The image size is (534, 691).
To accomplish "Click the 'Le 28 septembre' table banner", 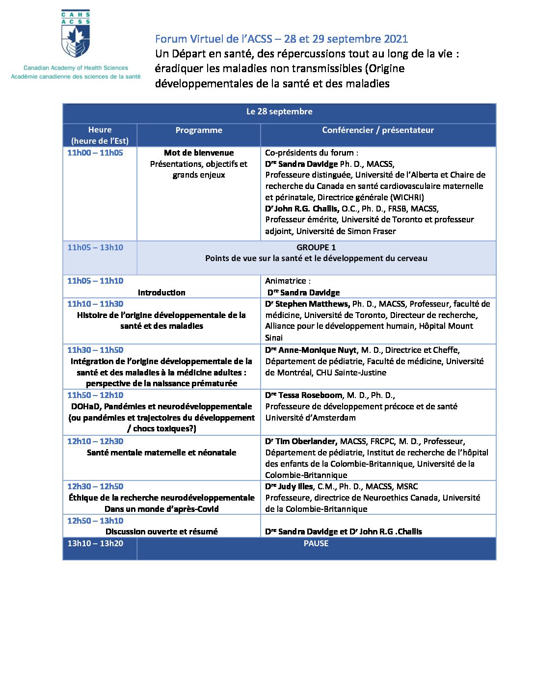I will [279, 112].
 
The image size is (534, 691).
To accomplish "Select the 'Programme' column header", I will [199, 130].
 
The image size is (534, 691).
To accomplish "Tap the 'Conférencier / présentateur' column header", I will [378, 130].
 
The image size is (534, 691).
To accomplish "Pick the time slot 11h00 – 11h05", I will [95, 153].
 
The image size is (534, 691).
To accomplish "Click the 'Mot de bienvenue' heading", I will [199, 153].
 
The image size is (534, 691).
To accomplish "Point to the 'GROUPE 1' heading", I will [316, 247].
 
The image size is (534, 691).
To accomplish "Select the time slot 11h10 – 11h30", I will [95, 304].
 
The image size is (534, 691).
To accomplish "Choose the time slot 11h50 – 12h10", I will [95, 396].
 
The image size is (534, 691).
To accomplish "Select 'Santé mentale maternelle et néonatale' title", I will [161, 453].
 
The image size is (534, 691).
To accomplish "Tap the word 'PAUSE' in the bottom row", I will [316, 544].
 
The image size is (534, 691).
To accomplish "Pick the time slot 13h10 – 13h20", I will [95, 544].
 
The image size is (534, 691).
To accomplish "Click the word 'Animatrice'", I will [287, 281].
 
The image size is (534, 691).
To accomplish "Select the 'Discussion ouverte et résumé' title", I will [161, 532].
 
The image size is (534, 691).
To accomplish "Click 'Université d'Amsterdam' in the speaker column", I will [310, 418].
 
